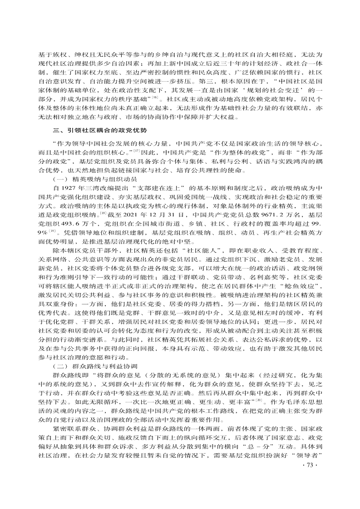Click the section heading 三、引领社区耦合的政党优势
99,130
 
